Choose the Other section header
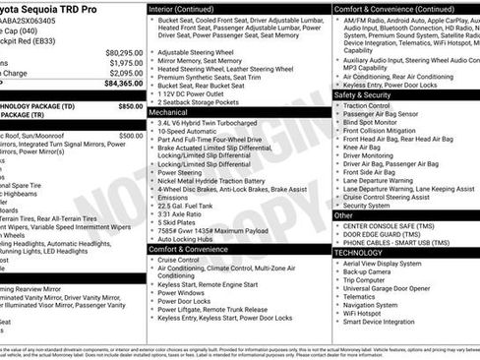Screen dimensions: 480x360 coord(345,214)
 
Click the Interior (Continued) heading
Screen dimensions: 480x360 coord(190,8)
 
